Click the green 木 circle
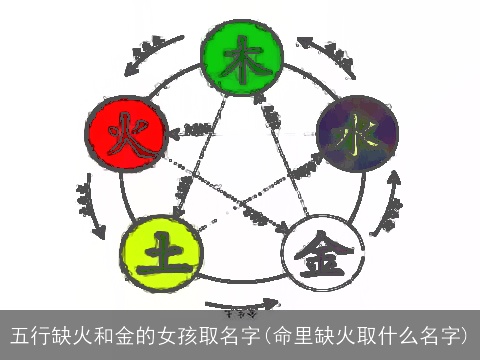pyautogui.click(x=239, y=51)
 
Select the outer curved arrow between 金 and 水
pyautogui.click(x=389, y=205)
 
